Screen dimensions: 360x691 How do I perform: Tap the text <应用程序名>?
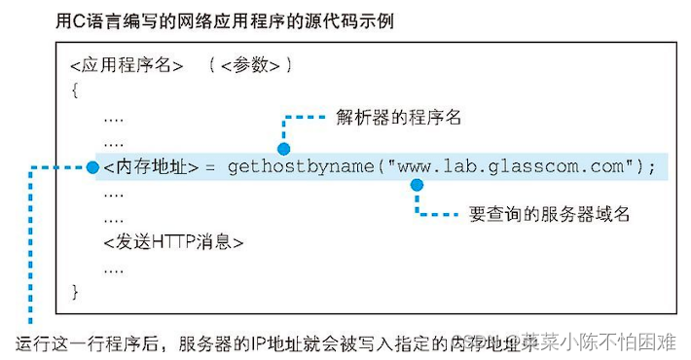[127, 67]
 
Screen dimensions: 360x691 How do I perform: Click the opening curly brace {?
[75, 90]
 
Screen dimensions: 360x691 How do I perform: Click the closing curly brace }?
[75, 290]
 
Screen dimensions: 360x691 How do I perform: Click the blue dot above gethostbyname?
[283, 148]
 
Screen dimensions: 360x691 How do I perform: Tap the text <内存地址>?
[150, 167]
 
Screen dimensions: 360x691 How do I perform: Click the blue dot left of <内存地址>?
[91, 167]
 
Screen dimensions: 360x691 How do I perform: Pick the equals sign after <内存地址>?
[209, 167]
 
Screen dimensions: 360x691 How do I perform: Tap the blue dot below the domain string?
[417, 184]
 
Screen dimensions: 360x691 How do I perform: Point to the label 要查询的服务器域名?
[549, 214]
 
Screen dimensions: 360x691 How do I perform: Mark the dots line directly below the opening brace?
[114, 117]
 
